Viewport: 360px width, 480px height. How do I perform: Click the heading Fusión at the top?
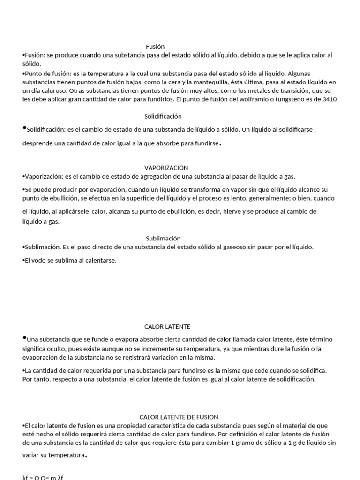tap(155, 46)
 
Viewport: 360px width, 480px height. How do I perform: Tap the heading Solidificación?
tap(163, 116)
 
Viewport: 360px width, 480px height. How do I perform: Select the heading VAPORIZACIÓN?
tap(166, 167)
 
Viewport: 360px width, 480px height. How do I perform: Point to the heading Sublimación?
tap(163, 238)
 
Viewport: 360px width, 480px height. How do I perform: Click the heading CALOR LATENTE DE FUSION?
tap(179, 417)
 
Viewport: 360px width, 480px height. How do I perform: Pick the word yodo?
tap(39, 260)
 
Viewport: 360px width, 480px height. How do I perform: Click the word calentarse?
tap(99, 260)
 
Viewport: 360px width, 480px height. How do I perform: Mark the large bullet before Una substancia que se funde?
tap(24, 337)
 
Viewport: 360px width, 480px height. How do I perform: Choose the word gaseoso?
tap(228, 247)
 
